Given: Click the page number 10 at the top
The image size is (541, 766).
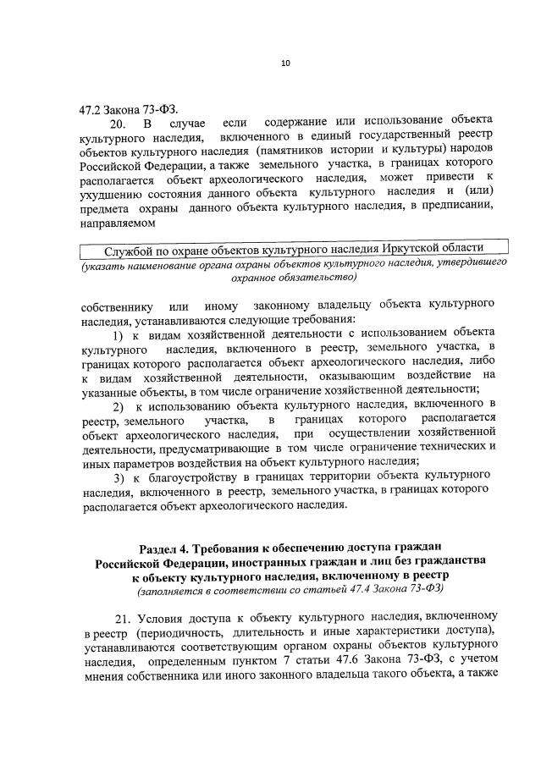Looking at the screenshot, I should point(285,62).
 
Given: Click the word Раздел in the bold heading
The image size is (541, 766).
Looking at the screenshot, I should point(161,548).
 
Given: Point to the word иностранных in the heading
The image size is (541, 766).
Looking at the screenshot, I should point(272,562).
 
